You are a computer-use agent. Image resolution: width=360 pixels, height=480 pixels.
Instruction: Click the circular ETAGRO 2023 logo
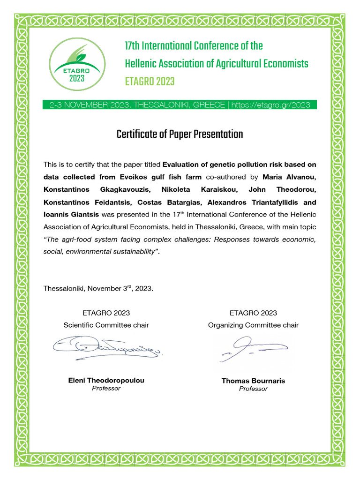pos(76,64)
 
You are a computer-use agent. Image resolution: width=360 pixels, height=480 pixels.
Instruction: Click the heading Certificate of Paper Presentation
pos(180,135)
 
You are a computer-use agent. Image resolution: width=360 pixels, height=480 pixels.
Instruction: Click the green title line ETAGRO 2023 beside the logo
pos(150,82)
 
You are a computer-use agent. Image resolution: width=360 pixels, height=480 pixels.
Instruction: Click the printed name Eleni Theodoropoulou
pos(106,380)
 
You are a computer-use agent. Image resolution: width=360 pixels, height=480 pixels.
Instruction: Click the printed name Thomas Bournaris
pos(253,381)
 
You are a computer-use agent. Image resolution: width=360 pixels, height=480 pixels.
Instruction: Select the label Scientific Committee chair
pos(106,325)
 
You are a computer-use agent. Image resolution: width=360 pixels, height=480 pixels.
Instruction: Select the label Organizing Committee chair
pos(253,325)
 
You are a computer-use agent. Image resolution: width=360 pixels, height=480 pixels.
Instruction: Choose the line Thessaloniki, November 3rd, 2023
pos(98,288)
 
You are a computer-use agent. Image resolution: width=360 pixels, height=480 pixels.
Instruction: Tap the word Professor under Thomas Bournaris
pos(253,389)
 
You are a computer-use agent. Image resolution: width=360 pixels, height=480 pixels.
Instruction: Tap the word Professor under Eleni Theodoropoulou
pos(106,388)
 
